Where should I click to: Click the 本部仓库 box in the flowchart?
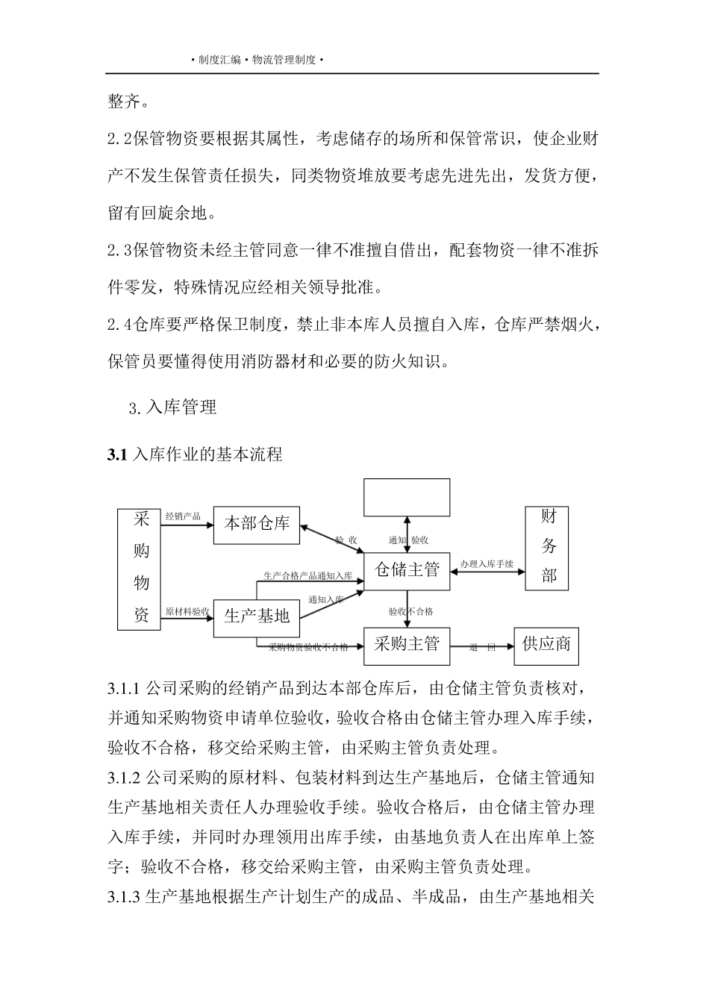tap(257, 524)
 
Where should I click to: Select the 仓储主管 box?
tap(406, 570)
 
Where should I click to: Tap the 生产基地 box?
tap(257, 616)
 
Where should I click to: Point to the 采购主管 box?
tap(406, 643)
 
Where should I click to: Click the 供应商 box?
tap(547, 643)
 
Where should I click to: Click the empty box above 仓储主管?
tap(406, 497)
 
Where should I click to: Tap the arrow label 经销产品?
tap(183, 516)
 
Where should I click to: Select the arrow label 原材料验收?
tap(187, 611)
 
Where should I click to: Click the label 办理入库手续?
tap(487, 564)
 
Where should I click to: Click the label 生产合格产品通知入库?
tap(308, 575)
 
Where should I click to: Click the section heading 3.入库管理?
tap(172, 407)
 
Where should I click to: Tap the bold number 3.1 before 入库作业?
tap(117, 454)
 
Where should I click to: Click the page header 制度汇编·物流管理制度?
tap(257, 60)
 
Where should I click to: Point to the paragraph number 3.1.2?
tap(124, 778)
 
